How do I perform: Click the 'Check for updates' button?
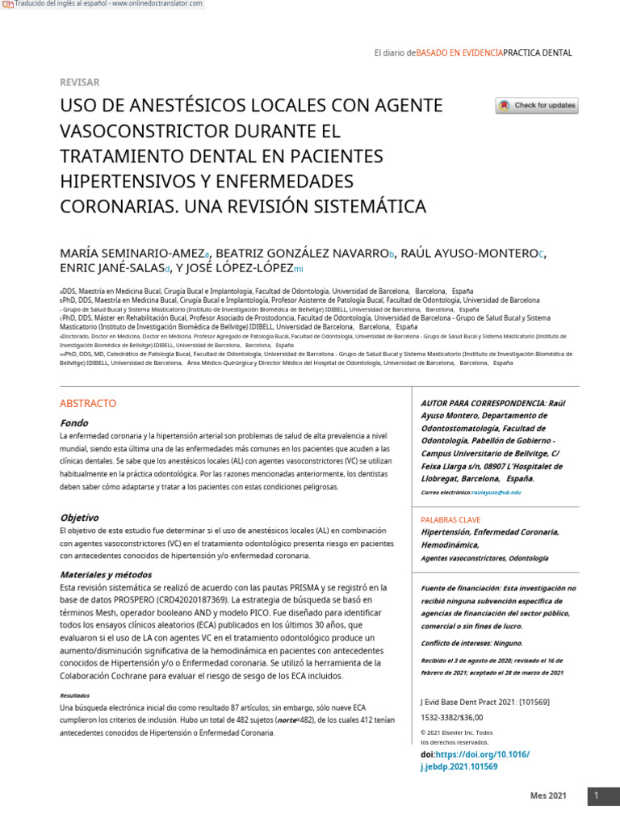point(537,106)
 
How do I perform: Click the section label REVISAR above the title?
point(80,82)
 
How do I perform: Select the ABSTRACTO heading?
point(88,403)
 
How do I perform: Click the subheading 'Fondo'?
point(73,423)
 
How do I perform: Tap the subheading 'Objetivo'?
point(79,518)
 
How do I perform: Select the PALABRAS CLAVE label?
point(450,519)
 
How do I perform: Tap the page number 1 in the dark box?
point(597,796)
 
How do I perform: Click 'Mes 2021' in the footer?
point(548,796)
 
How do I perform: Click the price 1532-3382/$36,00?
point(451,717)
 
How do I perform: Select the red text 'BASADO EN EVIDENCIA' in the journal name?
point(459,53)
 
